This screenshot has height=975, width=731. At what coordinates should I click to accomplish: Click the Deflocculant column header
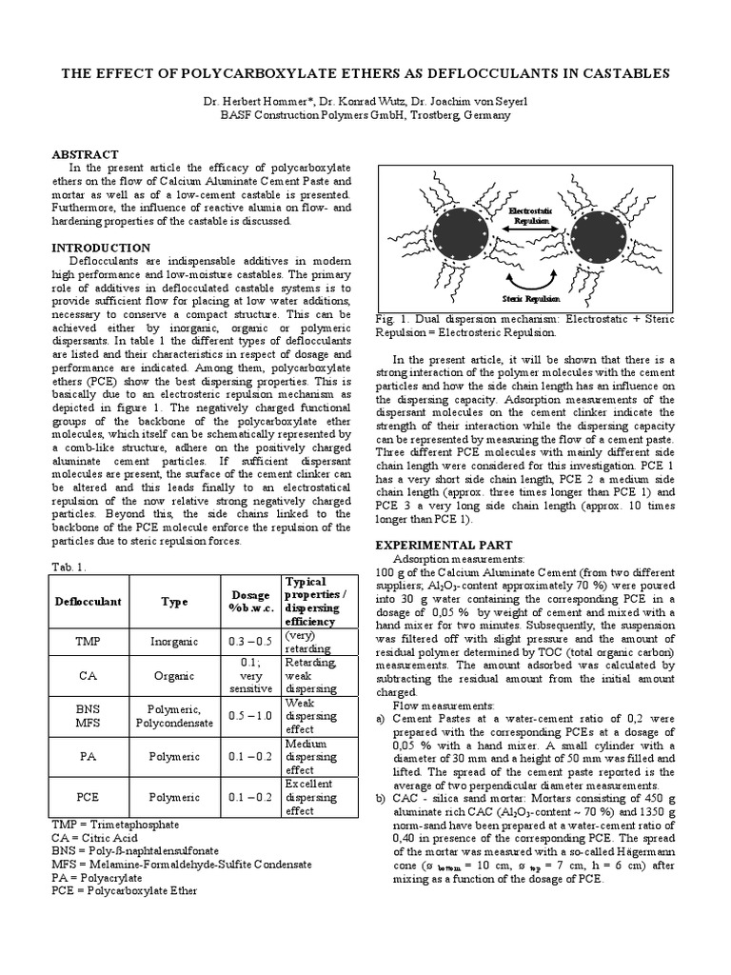[x=81, y=602]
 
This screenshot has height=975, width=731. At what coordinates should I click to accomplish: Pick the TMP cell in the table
[x=81, y=642]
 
